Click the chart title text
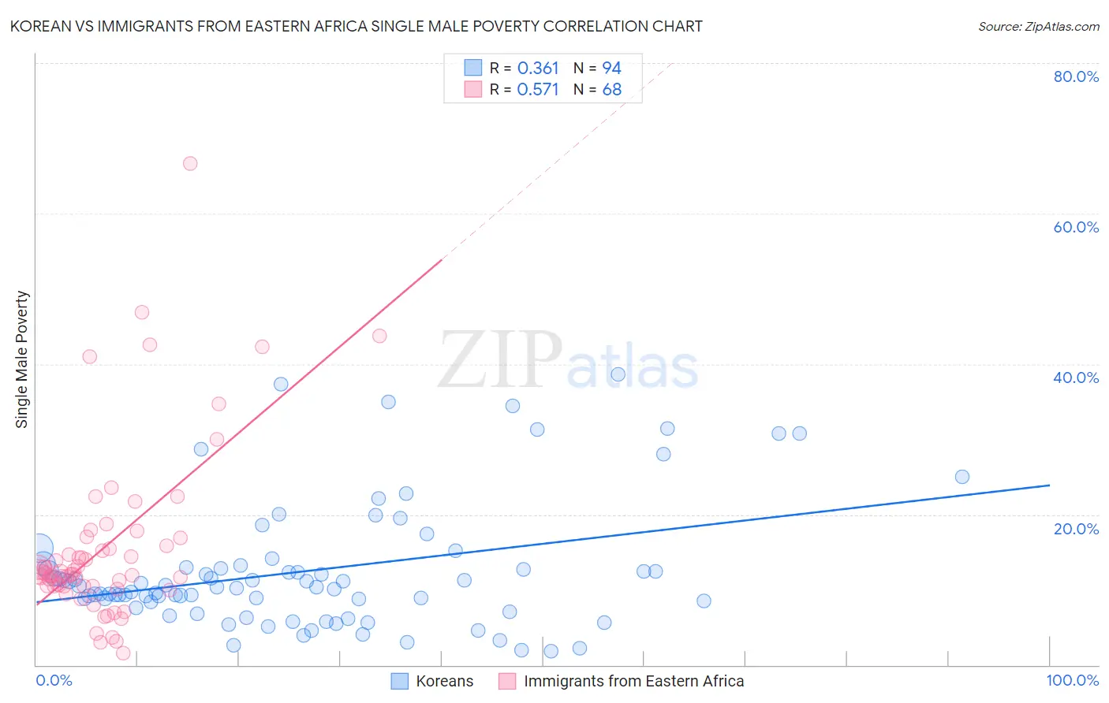coord(356,26)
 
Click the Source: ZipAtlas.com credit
coord(1038,26)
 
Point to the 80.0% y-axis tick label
coord(1076,76)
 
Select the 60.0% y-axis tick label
coord(1076,227)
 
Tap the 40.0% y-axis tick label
coord(1076,378)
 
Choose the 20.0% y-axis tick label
coord(1076,529)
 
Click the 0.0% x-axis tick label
coord(54,681)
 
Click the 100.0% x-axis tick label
coord(1072,681)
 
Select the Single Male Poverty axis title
coord(22,359)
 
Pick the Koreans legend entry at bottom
coord(444,682)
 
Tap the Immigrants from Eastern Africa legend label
coord(633,682)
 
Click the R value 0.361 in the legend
coord(538,69)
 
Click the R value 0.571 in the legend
coord(538,90)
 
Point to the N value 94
coord(611,69)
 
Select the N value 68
coord(611,90)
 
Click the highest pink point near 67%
coord(190,164)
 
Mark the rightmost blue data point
coord(962,477)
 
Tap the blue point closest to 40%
coord(618,374)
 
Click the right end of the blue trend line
coord(1049,485)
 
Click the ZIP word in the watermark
coord(500,360)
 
